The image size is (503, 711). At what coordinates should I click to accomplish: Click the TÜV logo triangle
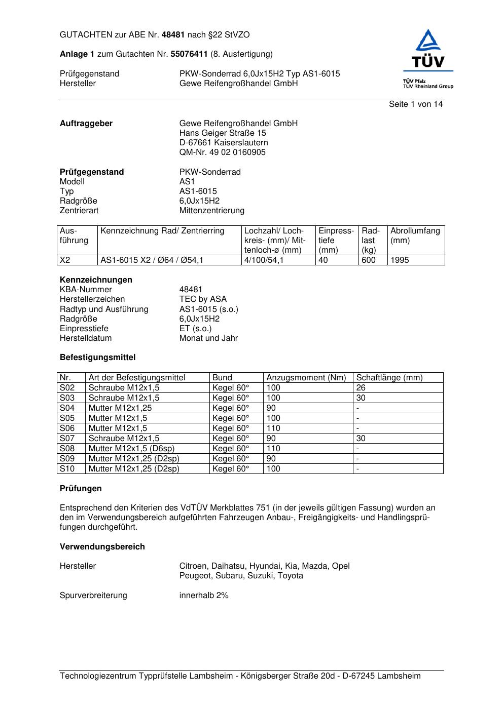pyautogui.click(x=429, y=41)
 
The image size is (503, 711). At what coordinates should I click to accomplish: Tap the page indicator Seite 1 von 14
pyautogui.click(x=416, y=104)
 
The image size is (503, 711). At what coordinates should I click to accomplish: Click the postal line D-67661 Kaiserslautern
pyautogui.click(x=224, y=143)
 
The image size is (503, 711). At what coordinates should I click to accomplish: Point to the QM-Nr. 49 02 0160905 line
pyautogui.click(x=222, y=152)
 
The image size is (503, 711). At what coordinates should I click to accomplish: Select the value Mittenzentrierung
pyautogui.click(x=211, y=211)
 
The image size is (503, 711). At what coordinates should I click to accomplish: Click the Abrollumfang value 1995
pyautogui.click(x=400, y=260)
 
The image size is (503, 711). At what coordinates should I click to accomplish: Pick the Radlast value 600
pyautogui.click(x=368, y=260)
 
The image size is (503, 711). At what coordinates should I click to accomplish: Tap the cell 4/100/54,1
pyautogui.click(x=264, y=260)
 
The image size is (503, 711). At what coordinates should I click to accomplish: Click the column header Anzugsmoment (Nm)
pyautogui.click(x=306, y=378)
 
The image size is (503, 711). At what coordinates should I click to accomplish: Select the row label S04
pyautogui.click(x=67, y=408)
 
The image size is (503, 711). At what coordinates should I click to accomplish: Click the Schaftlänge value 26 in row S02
pyautogui.click(x=361, y=388)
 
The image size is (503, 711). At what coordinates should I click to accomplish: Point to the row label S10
pyautogui.click(x=67, y=469)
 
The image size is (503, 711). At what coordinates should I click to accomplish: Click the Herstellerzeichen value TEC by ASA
pyautogui.click(x=203, y=299)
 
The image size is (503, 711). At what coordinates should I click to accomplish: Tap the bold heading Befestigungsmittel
pyautogui.click(x=97, y=358)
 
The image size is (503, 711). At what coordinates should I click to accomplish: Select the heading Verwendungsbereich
pyautogui.click(x=102, y=547)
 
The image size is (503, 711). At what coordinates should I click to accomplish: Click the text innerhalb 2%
pyautogui.click(x=204, y=596)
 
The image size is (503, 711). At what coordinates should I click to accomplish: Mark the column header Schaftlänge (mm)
pyautogui.click(x=389, y=378)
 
